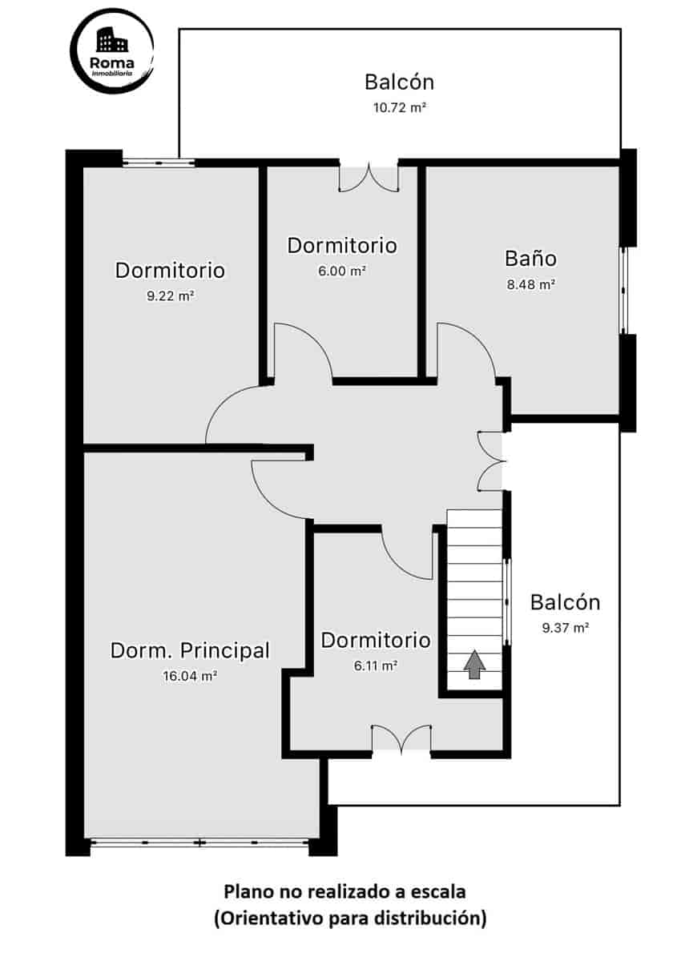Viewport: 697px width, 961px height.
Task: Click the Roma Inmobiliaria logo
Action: [x=112, y=51]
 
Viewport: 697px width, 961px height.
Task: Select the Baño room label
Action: [x=530, y=258]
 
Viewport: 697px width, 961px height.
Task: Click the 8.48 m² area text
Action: [x=530, y=283]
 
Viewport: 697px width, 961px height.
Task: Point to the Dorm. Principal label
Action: [x=190, y=650]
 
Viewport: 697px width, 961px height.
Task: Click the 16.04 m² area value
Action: [x=190, y=676]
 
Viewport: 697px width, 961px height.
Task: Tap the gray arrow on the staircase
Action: [x=475, y=664]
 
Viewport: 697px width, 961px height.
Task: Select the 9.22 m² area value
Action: [x=170, y=296]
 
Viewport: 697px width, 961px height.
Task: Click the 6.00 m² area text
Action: [x=342, y=271]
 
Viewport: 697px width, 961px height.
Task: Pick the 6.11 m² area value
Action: [x=375, y=665]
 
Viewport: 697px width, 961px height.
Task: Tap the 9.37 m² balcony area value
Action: [x=565, y=628]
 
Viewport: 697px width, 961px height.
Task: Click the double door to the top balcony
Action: [x=369, y=177]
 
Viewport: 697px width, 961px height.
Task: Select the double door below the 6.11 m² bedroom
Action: [x=401, y=739]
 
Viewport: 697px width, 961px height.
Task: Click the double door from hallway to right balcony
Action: [x=490, y=460]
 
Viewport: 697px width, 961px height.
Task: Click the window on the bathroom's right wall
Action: [x=624, y=290]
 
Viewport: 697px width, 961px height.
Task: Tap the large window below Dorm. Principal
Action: [x=199, y=842]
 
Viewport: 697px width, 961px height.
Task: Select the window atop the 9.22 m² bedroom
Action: [x=159, y=163]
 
